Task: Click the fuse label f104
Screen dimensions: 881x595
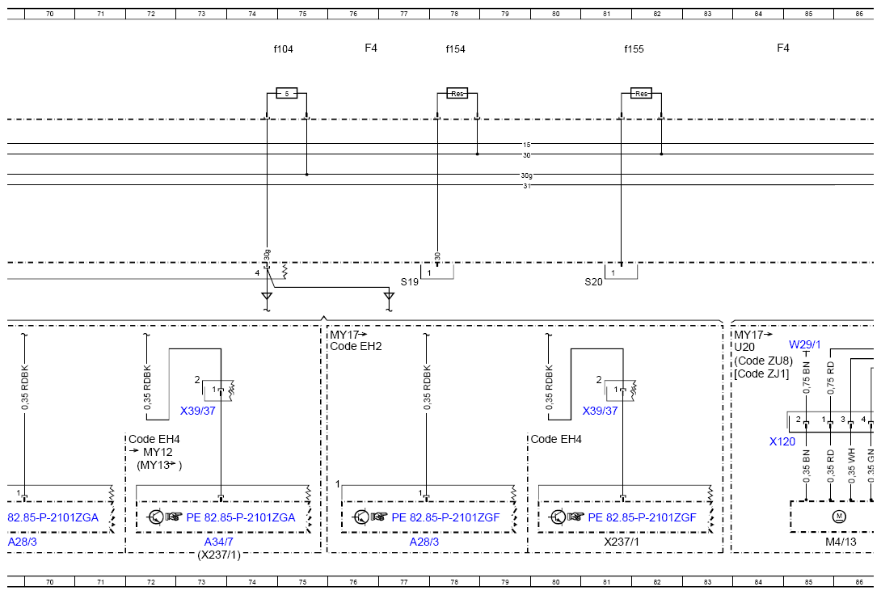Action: (283, 49)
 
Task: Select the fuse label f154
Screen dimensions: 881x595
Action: (455, 49)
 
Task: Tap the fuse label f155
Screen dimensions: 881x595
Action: (634, 49)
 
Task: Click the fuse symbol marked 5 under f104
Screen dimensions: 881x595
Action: (287, 93)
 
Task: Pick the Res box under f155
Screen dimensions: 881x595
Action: (641, 93)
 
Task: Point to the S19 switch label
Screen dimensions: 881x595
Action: (410, 282)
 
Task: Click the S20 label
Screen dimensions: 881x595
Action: (593, 282)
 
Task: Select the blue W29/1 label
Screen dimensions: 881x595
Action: (804, 344)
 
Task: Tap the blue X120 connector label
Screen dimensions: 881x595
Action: (782, 441)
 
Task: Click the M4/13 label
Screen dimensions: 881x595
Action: (841, 542)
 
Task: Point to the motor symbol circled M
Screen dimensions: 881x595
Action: (840, 517)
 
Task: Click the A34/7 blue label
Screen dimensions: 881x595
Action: (218, 542)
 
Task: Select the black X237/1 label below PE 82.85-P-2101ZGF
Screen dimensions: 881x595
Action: (622, 542)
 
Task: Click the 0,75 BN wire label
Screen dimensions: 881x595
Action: (807, 377)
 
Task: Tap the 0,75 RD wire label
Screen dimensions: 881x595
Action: (831, 377)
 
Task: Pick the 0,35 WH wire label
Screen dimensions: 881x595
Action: (851, 466)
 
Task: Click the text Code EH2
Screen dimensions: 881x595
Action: (356, 346)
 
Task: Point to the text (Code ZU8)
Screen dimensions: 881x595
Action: (763, 360)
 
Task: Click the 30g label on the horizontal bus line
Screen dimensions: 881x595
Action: (526, 175)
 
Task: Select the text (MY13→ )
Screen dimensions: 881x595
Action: (159, 465)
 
